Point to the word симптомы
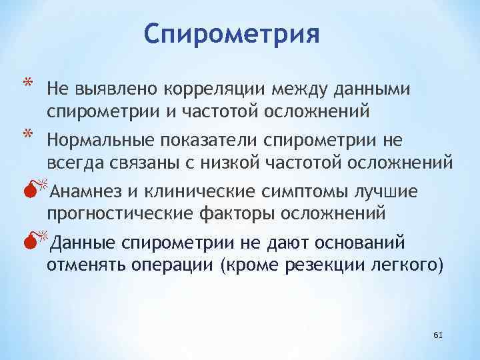point(293,193)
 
